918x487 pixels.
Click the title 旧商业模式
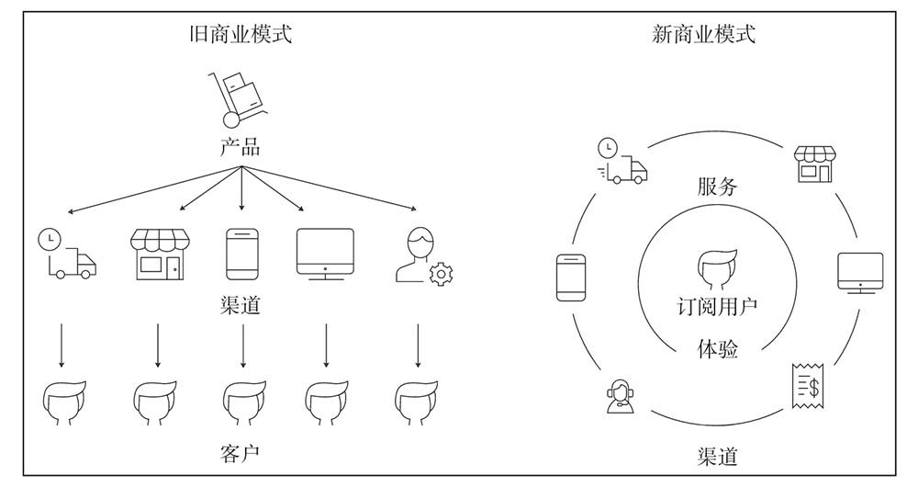coord(240,35)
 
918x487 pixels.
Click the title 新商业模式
coord(703,35)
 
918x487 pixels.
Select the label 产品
coord(240,147)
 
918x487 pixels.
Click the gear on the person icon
coord(442,273)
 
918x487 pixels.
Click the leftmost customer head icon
coord(65,401)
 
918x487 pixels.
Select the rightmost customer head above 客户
coord(417,401)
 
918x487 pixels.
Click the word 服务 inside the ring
coord(717,187)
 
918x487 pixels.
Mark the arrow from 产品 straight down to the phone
coord(241,191)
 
